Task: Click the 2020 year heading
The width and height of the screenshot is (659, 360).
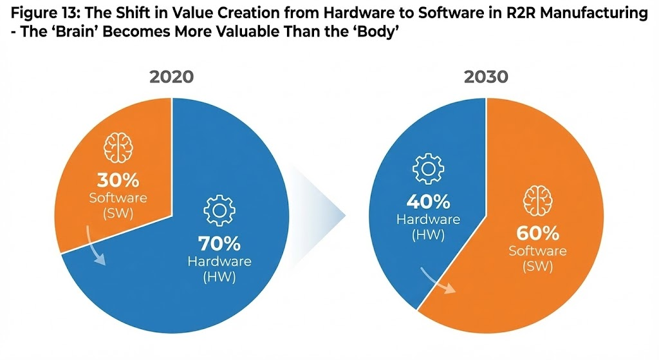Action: [171, 77]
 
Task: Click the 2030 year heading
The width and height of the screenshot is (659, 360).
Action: [485, 77]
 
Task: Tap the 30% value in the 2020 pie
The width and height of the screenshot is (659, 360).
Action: [118, 180]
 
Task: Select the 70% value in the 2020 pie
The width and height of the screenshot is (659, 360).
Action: [219, 244]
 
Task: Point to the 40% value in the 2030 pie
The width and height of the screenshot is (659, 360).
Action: [428, 202]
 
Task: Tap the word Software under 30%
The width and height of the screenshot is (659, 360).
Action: [118, 197]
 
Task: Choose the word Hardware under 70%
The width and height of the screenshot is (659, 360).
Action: [219, 261]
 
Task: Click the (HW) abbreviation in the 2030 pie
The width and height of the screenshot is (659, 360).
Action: [428, 234]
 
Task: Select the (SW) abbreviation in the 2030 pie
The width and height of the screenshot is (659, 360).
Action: [537, 266]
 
